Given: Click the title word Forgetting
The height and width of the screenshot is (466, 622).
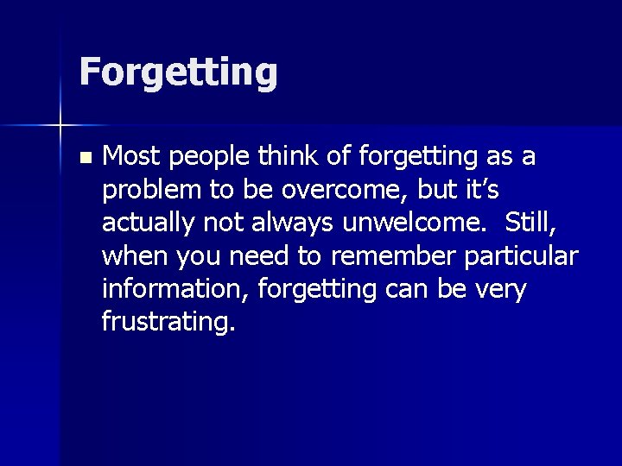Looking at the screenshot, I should (x=178, y=72).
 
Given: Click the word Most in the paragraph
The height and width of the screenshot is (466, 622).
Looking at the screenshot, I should (x=131, y=157).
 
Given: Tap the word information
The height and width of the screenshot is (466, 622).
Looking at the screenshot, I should (x=172, y=289).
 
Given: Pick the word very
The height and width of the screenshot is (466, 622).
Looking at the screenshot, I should (x=501, y=290).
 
